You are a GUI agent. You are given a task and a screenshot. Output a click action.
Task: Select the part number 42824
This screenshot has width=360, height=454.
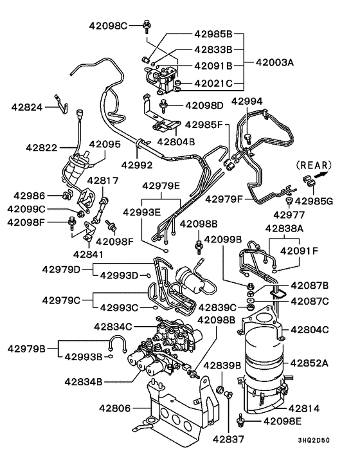[26, 107]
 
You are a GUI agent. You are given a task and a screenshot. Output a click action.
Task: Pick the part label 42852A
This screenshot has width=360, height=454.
[309, 363]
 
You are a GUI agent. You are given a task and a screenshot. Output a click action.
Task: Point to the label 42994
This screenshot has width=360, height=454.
[247, 102]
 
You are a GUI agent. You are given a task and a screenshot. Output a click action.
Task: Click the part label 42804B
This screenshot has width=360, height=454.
[175, 141]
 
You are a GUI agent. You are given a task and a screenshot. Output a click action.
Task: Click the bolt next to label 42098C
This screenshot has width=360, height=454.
[147, 26]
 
